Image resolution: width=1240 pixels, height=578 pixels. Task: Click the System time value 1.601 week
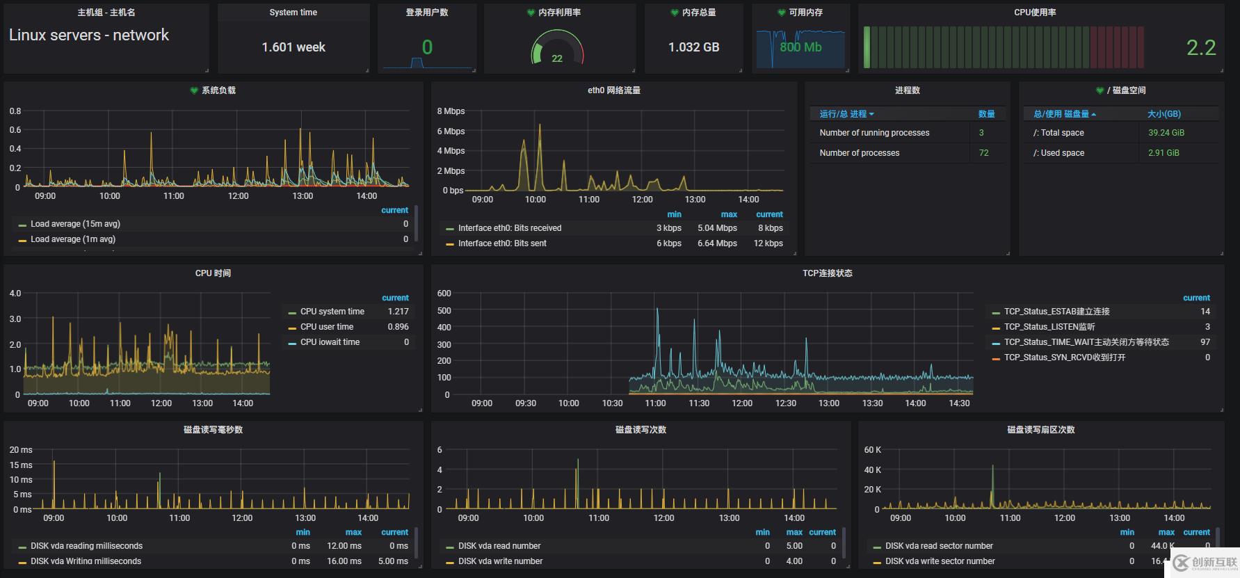293,47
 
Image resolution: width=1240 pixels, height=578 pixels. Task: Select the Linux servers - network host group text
88,35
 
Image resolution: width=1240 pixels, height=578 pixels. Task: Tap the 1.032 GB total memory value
693,47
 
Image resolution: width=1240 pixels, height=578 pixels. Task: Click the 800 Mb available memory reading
800,47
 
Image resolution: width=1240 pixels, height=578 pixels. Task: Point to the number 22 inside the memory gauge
557,58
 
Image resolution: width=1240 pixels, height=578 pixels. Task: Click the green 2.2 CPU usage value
1201,48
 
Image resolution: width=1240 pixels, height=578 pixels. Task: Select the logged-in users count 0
427,47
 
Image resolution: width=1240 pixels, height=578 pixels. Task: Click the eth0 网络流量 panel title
614,90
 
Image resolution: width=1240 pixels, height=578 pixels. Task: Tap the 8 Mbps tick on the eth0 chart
451,111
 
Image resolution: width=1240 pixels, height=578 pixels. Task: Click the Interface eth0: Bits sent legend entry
502,243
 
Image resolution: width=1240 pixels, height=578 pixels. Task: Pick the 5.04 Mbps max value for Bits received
717,228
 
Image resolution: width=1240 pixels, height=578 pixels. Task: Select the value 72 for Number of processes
983,153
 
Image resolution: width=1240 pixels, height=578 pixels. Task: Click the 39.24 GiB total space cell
1166,133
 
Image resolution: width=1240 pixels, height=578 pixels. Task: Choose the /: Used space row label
1058,153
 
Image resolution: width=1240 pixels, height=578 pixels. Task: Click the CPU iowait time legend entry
330,342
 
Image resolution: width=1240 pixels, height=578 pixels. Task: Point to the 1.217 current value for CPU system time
398,312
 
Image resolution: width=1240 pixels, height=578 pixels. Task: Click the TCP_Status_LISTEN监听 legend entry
1049,327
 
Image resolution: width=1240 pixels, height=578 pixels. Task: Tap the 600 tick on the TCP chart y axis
444,294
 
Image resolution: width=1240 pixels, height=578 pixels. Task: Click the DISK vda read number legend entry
499,546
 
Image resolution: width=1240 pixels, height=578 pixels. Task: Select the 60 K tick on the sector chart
872,450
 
